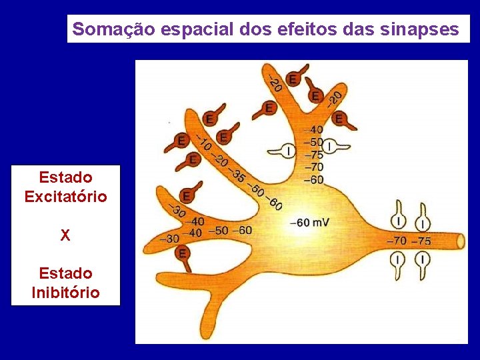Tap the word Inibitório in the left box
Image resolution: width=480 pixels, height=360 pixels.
pos(65,292)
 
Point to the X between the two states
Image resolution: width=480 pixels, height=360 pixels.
pos(65,235)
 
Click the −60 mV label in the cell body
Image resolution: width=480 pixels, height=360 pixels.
pos(309,223)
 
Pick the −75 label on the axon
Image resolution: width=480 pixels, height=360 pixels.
pos(421,241)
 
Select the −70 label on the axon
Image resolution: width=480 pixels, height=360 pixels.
pos(397,241)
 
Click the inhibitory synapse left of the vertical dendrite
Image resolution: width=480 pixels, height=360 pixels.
pos(287,151)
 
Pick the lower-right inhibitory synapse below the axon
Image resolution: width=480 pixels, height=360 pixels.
pos(423,260)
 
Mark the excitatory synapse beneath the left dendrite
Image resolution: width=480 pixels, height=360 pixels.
pos(182,254)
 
